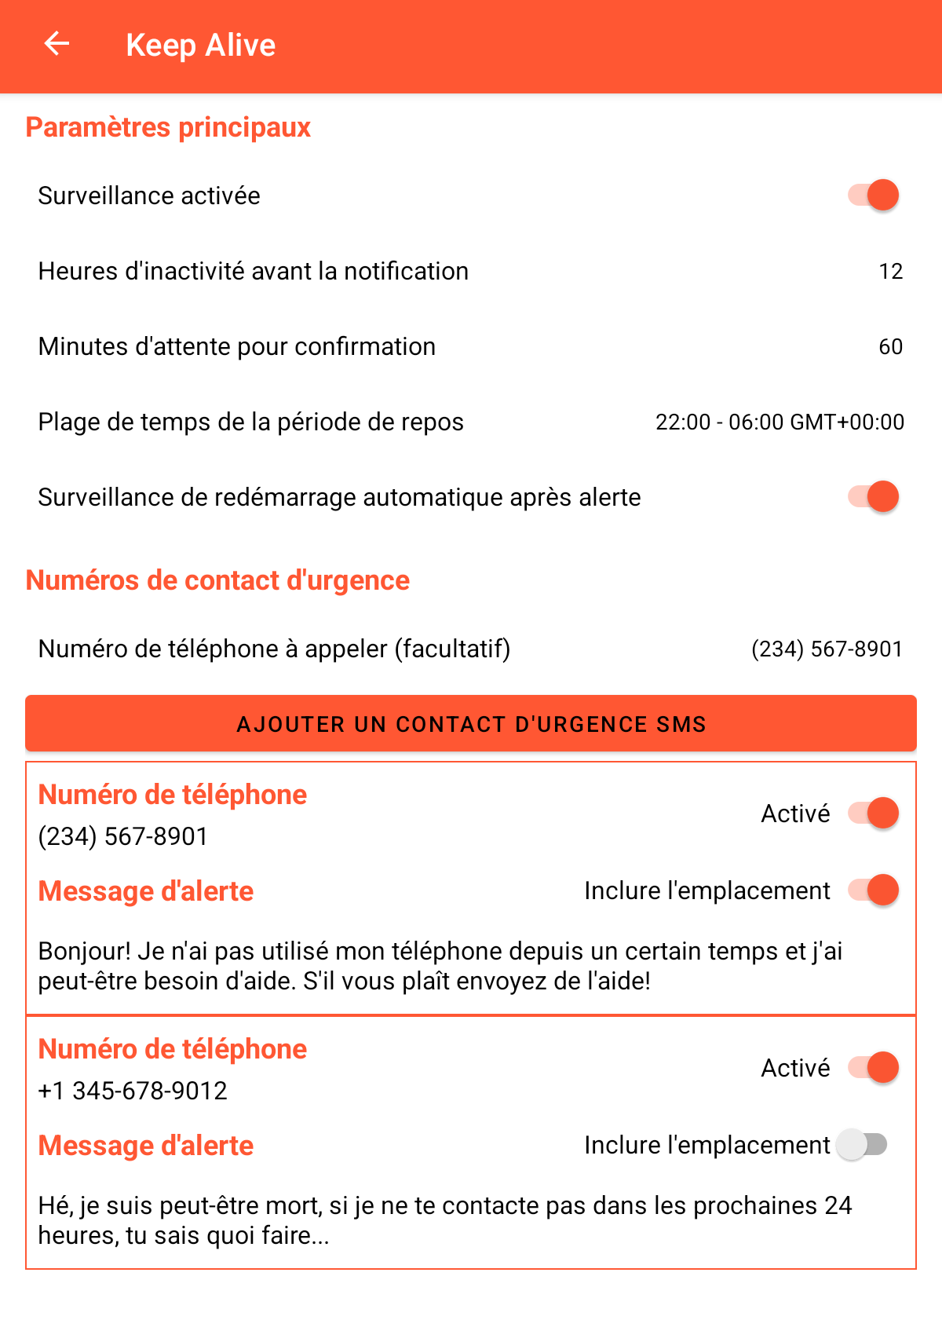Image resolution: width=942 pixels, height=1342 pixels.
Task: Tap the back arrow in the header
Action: tap(57, 44)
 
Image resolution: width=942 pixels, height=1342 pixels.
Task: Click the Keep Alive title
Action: tap(200, 46)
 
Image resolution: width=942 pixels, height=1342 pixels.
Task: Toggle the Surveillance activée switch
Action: tap(873, 195)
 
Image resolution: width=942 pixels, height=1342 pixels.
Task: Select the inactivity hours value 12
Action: tap(890, 272)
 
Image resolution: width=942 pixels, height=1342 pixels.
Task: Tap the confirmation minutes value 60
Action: tap(890, 347)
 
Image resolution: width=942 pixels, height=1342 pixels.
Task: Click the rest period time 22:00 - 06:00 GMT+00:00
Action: tap(780, 422)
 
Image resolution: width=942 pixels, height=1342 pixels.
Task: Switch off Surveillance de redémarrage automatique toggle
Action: tap(873, 497)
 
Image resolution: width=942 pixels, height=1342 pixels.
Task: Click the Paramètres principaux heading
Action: tap(168, 127)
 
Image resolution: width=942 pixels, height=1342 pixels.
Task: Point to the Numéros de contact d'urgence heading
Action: tap(217, 580)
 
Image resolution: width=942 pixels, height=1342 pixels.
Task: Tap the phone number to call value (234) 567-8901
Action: tap(827, 649)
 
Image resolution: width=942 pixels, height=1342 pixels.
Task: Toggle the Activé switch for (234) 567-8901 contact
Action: tap(873, 814)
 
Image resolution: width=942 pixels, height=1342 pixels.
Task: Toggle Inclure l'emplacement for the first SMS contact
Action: tap(873, 890)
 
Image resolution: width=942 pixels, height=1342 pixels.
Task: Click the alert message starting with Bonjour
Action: tap(440, 966)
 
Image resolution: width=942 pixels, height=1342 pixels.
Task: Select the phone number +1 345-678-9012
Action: tap(133, 1091)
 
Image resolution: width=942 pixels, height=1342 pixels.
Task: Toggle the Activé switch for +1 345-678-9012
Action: tap(873, 1068)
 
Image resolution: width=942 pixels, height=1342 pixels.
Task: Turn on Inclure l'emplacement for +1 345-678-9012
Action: tap(862, 1145)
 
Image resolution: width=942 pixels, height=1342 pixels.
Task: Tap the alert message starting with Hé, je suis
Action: tap(444, 1220)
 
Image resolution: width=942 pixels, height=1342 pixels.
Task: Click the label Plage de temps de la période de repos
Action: tap(250, 422)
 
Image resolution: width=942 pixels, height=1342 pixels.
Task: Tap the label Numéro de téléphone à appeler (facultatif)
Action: tap(274, 649)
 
